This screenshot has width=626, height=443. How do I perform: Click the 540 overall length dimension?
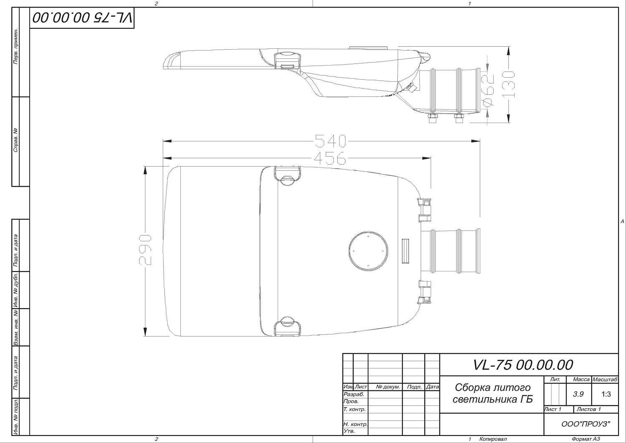click(331, 141)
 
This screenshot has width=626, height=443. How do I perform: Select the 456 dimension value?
click(330, 158)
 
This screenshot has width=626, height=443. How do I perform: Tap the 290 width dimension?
click(145, 250)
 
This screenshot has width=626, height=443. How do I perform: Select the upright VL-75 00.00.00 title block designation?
click(523, 365)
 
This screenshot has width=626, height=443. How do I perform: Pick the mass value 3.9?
click(578, 394)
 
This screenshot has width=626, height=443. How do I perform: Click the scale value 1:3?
click(606, 394)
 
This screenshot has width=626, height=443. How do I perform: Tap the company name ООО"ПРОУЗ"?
click(586, 424)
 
